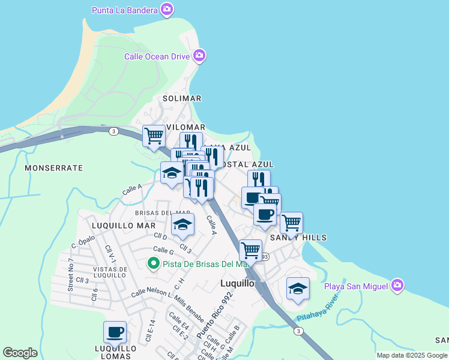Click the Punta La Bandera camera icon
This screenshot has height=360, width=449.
coord(167,10)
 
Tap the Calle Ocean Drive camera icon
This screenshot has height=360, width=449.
coord(199,56)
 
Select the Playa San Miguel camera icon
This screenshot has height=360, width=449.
coord(397,286)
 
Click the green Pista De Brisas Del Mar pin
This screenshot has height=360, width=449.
coord(153,263)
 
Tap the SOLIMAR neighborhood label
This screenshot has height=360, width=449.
coord(182,98)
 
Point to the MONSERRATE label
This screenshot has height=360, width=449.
coord(53,168)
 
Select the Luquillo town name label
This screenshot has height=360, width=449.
coord(238,283)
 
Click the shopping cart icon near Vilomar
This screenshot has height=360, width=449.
coord(154,136)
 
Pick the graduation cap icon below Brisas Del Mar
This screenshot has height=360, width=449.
coord(183,224)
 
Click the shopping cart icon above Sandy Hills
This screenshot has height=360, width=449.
coord(291,222)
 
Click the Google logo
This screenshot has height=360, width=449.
coord(20,353)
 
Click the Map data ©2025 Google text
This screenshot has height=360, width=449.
coord(411,355)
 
